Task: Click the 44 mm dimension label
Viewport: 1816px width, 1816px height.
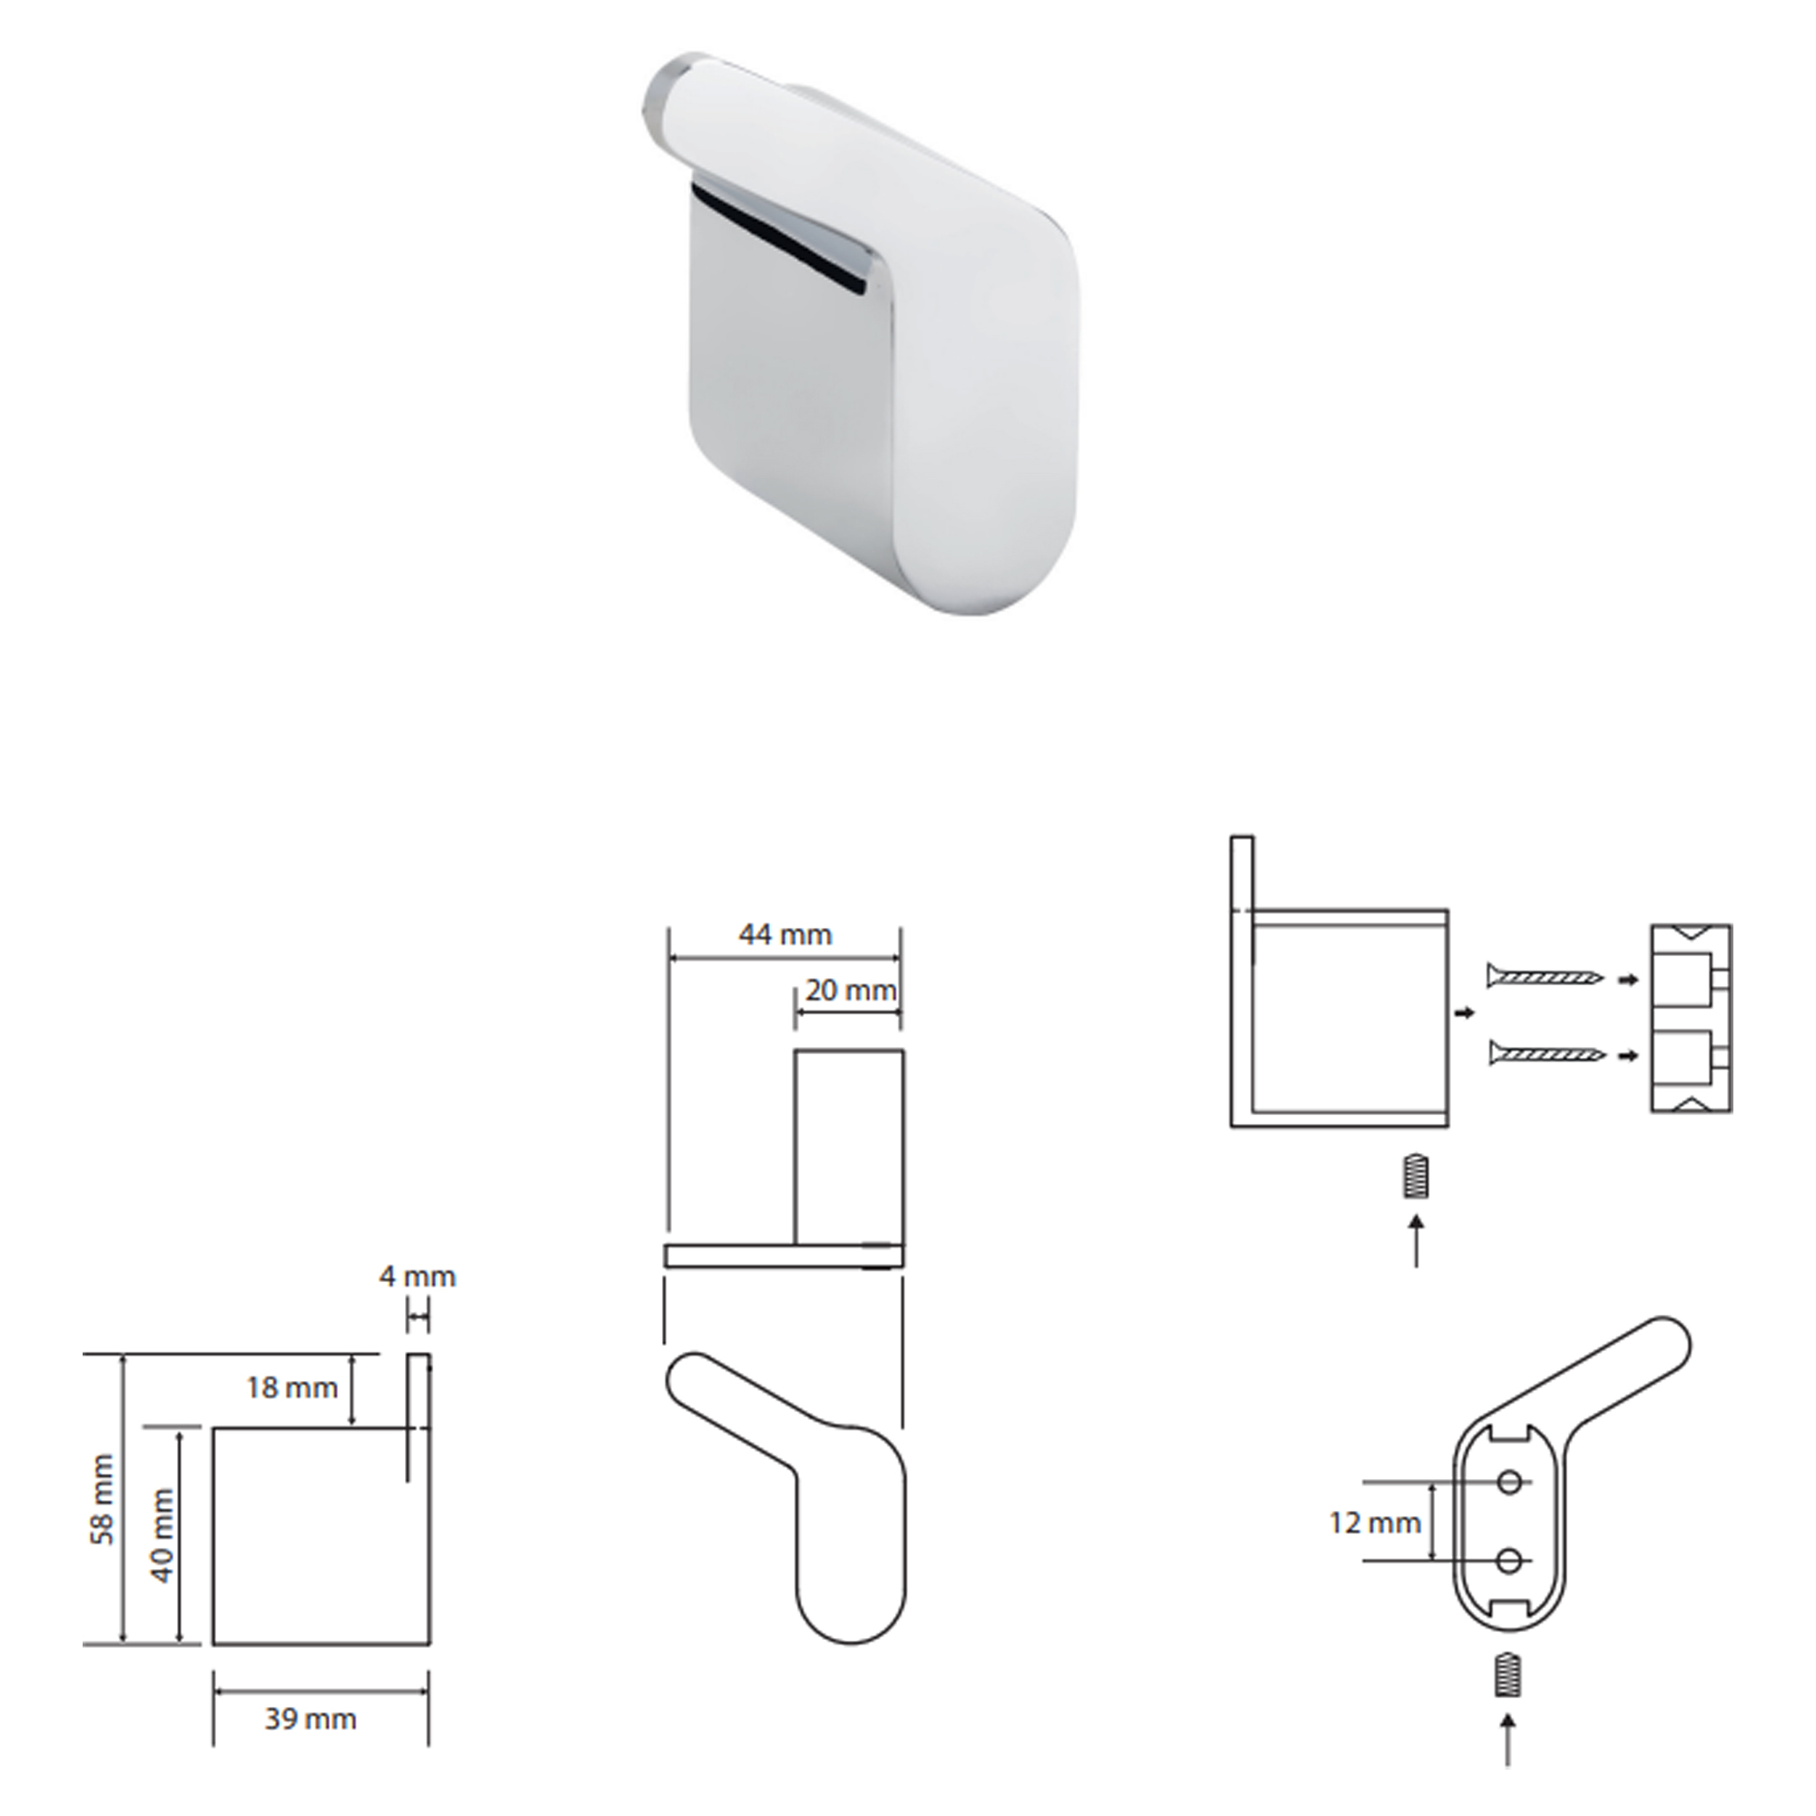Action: tap(785, 934)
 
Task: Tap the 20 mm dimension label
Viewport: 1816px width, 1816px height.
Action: tap(851, 990)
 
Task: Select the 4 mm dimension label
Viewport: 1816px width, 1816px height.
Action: tap(418, 1277)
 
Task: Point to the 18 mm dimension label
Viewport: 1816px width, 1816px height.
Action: tap(291, 1387)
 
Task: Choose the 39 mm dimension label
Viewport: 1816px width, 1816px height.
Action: tap(311, 1719)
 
